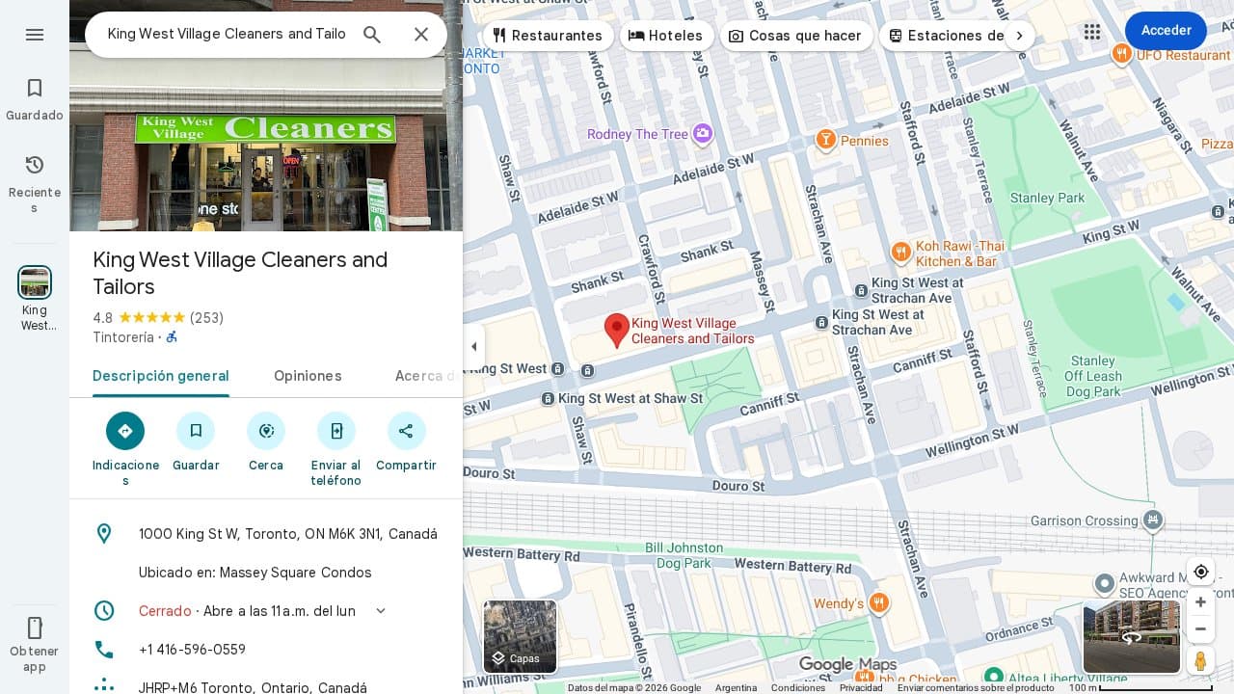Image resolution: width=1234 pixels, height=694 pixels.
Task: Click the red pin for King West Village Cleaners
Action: coord(617,329)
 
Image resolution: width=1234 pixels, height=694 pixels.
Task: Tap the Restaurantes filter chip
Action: coord(547,36)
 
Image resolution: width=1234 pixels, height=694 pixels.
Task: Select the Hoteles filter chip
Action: coord(666,36)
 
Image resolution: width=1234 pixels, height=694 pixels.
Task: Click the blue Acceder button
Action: coord(1166,31)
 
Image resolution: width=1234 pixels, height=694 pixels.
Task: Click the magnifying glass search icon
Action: coord(372,35)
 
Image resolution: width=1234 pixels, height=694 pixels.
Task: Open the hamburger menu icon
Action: coord(35,35)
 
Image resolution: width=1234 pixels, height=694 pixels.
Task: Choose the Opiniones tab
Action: coord(308,376)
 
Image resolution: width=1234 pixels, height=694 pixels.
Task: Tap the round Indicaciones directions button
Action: coord(125,431)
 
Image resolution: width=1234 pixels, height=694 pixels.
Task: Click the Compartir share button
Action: coord(406,431)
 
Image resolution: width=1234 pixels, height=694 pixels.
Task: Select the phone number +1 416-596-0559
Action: coord(192,650)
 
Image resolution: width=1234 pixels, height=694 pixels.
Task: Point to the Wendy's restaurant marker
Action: coord(878,603)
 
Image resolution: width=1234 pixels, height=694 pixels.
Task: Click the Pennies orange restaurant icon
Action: coord(825,141)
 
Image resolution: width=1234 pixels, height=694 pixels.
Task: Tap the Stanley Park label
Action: coord(1047,198)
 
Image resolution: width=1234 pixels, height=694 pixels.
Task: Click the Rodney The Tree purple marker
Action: coord(703,133)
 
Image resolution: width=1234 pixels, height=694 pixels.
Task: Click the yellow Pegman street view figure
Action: coord(1200,661)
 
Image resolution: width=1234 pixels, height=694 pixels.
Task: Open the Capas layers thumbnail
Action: coord(520,636)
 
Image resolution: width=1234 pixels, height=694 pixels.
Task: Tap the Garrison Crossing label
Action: coord(1084,520)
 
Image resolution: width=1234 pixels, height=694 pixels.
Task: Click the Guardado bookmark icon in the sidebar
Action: coord(35,89)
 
